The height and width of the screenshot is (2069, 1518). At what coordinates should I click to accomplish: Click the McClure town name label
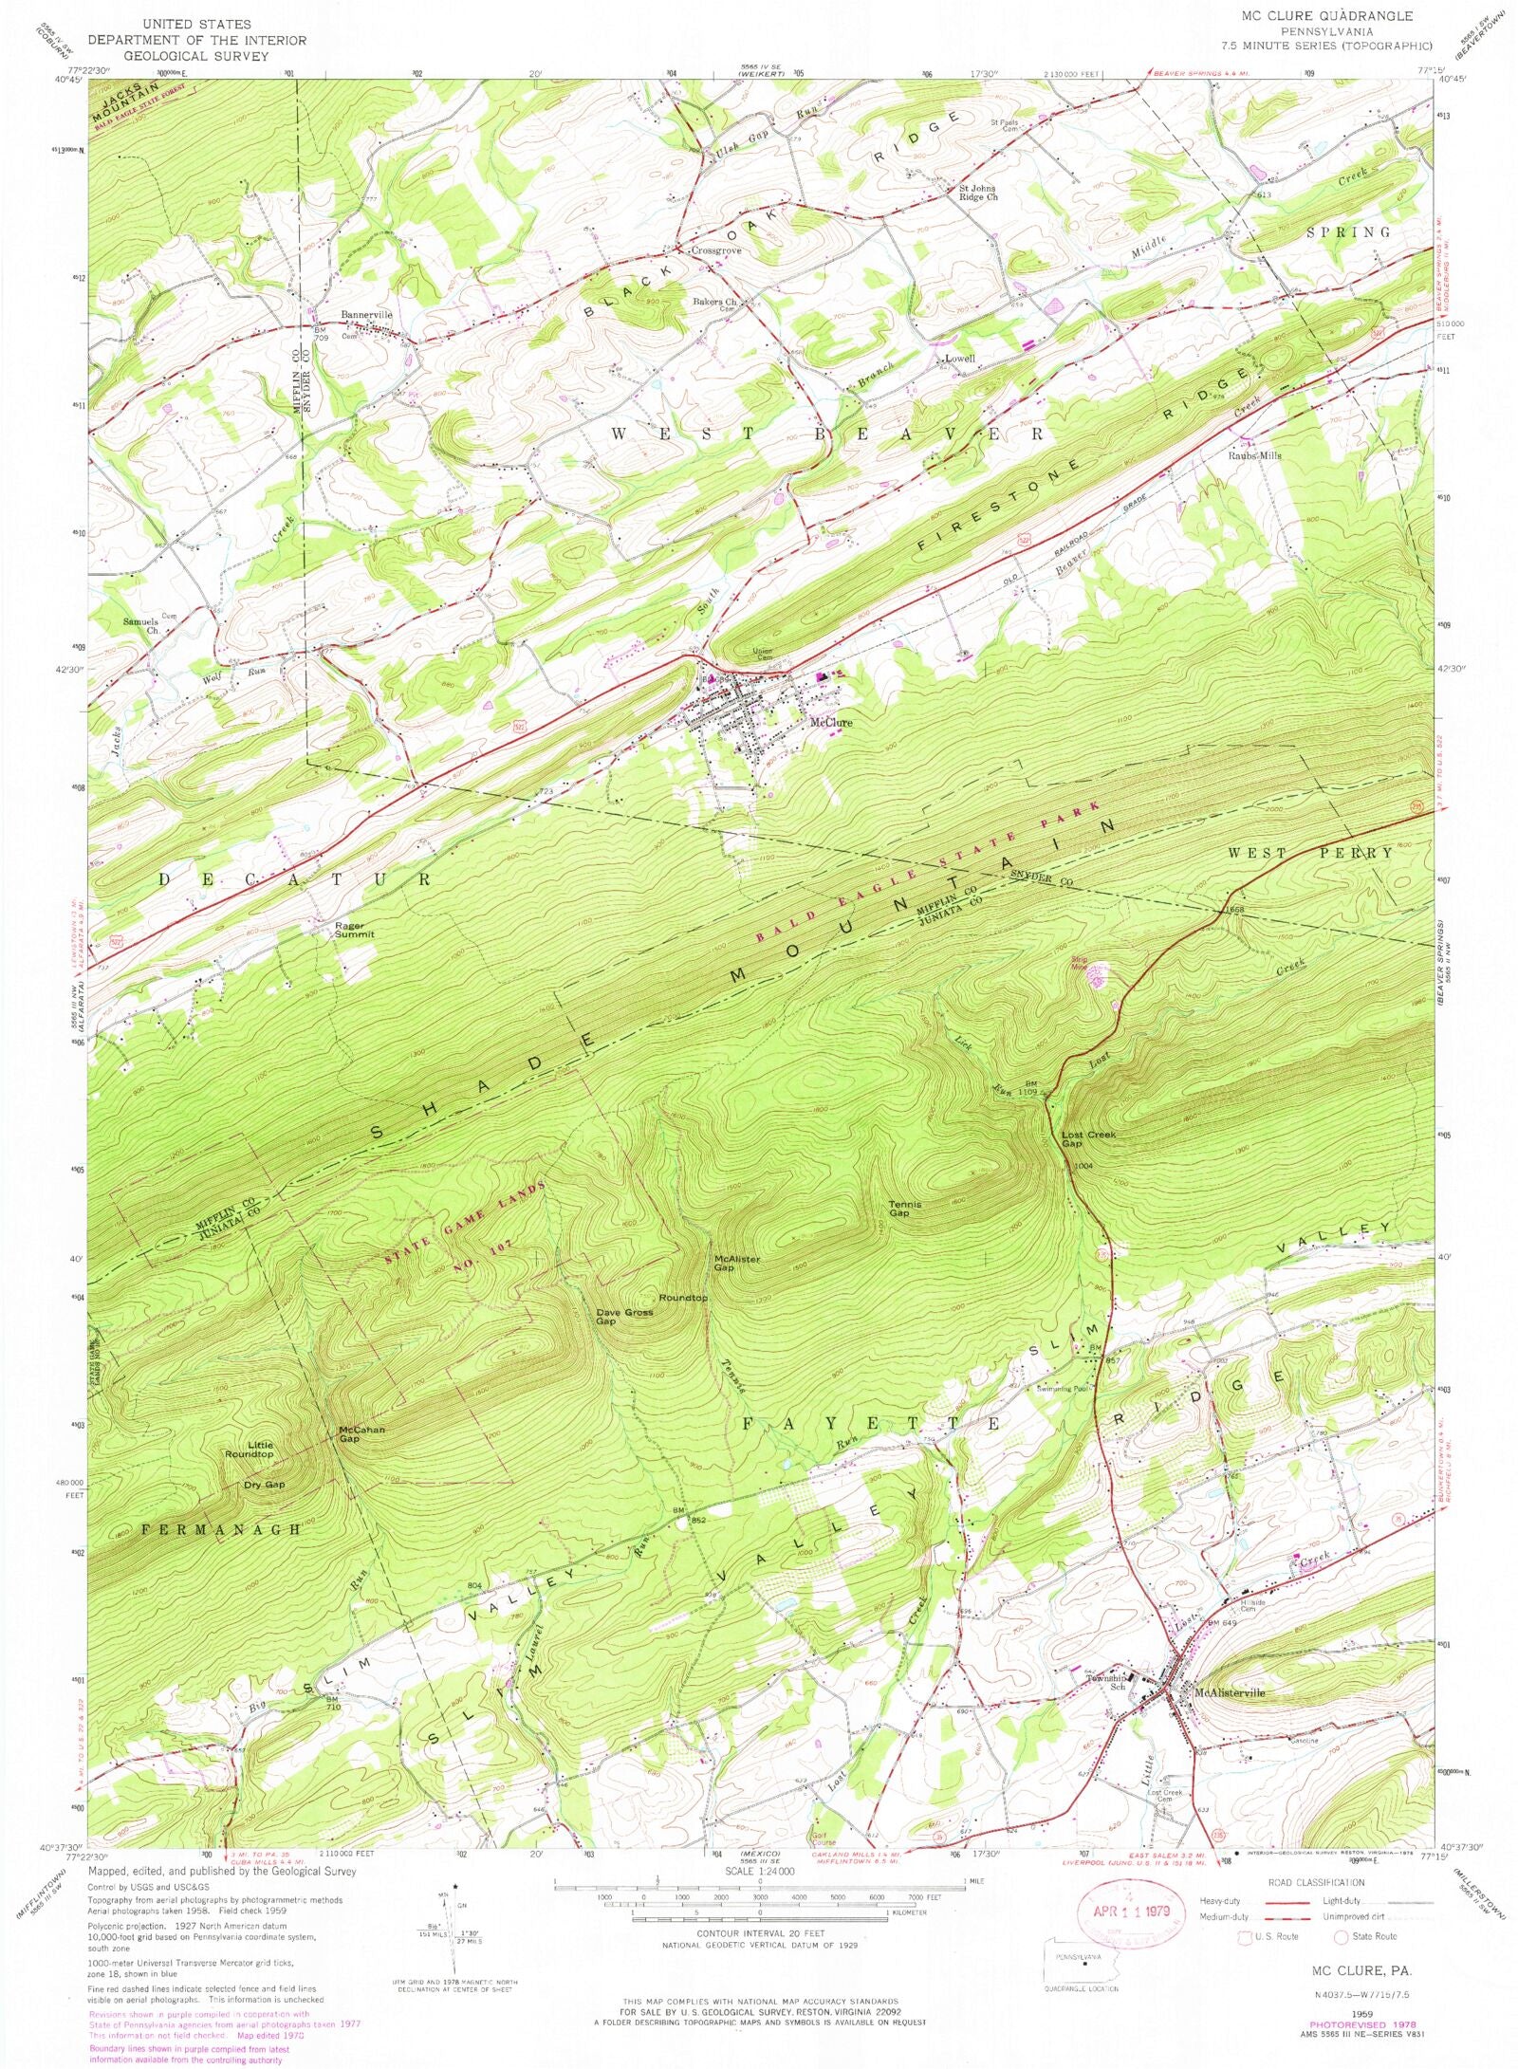click(830, 723)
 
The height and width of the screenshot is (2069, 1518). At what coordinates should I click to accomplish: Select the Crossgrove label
click(715, 250)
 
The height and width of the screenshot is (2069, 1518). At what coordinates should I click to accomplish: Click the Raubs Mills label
click(1256, 455)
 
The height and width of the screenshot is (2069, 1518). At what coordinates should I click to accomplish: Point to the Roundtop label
click(683, 1297)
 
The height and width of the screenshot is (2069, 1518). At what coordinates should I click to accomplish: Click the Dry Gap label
click(264, 1485)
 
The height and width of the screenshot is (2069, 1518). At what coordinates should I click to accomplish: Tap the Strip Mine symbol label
click(1079, 963)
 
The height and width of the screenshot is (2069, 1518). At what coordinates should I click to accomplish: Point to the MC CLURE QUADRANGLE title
click(1327, 16)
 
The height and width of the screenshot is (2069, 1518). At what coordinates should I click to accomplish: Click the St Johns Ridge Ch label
click(966, 193)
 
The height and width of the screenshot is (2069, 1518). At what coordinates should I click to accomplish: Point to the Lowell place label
click(959, 360)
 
